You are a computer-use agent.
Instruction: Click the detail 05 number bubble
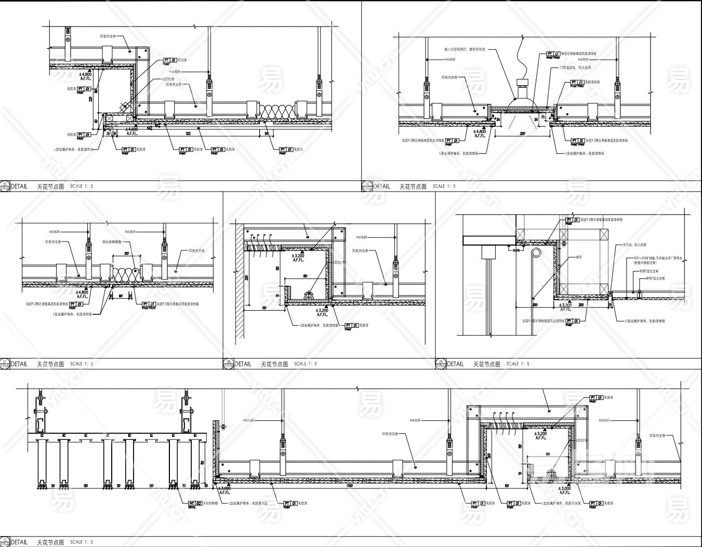[5, 186]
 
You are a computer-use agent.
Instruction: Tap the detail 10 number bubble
[5, 542]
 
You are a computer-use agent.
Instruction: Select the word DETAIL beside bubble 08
[243, 364]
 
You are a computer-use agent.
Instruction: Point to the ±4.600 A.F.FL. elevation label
[132, 131]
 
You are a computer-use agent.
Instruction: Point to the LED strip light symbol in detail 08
[308, 295]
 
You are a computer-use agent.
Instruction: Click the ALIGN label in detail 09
[516, 250]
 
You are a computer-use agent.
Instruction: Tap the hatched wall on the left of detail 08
[238, 281]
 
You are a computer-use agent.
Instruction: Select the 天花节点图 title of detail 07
[50, 364]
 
